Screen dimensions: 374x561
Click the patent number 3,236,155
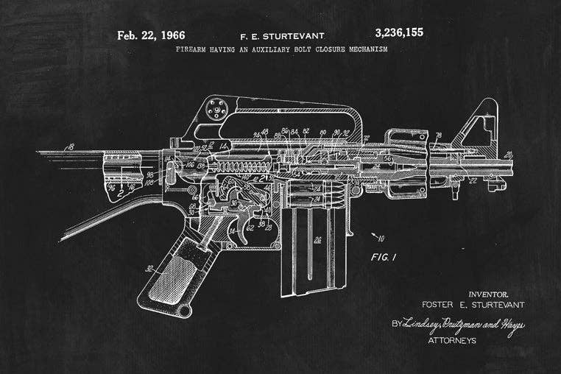(x=399, y=33)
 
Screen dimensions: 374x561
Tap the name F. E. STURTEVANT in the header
(x=282, y=35)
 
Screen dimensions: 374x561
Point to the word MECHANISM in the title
(x=362, y=50)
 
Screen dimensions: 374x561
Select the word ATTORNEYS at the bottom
(x=453, y=340)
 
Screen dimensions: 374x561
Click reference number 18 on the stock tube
(x=71, y=147)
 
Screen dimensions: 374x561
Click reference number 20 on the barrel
(x=509, y=155)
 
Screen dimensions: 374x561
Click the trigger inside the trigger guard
(x=238, y=227)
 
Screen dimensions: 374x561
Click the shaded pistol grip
(x=176, y=273)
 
